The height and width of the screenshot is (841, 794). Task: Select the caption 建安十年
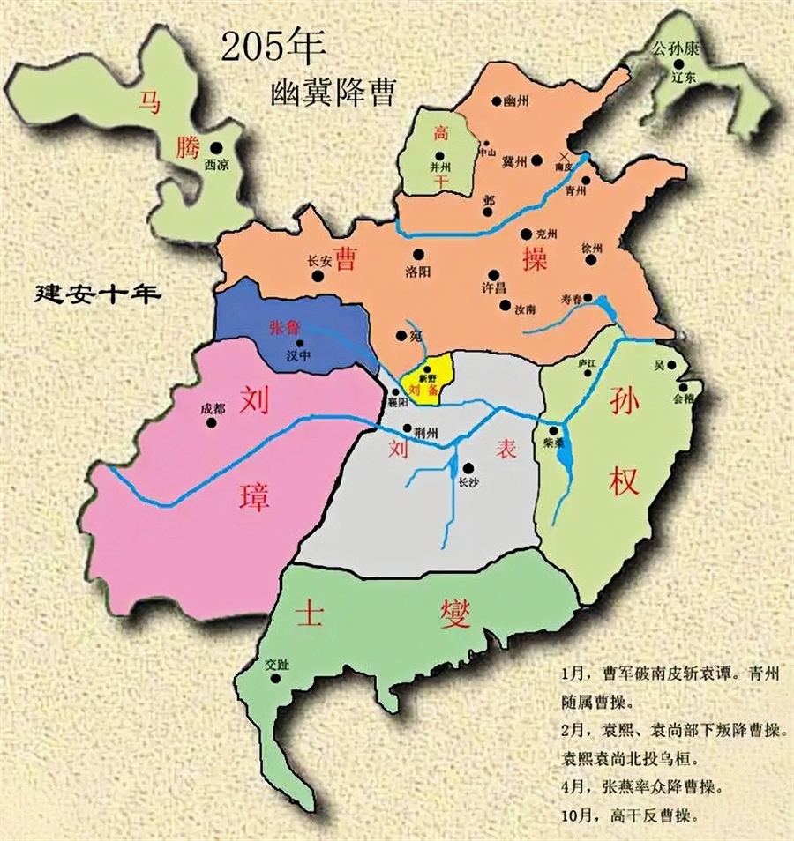(x=97, y=293)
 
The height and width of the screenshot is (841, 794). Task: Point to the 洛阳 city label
(x=417, y=271)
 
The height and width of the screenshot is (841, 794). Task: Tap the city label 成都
(x=213, y=408)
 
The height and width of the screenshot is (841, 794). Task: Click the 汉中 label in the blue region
(x=300, y=356)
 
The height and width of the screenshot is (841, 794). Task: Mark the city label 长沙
(x=468, y=482)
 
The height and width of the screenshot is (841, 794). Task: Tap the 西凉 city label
(x=217, y=165)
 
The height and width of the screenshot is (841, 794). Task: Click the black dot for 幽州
(x=498, y=103)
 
